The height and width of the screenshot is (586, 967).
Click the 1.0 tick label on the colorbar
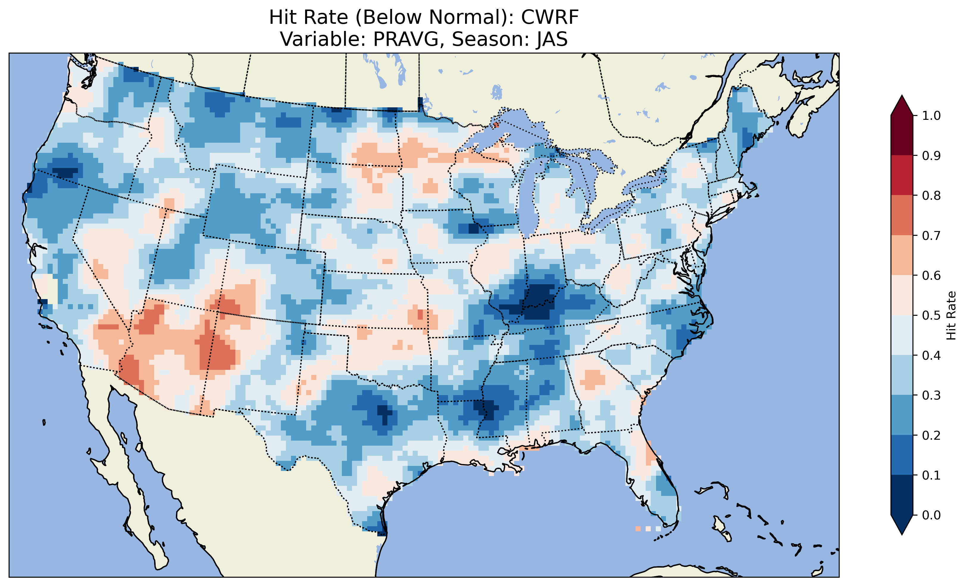point(931,116)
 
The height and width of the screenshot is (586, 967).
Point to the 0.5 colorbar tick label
point(931,315)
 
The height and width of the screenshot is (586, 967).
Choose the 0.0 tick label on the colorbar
point(931,515)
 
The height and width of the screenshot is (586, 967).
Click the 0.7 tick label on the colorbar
point(931,236)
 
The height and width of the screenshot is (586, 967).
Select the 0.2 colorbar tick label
point(931,435)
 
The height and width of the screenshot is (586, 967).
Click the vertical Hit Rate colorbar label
point(951,315)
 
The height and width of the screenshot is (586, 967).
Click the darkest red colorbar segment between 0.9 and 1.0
point(902,135)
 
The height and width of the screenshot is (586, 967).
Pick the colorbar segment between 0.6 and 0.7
point(902,255)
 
